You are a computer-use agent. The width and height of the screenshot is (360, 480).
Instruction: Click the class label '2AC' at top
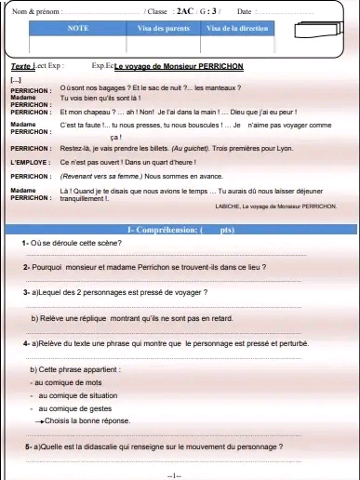coord(185,10)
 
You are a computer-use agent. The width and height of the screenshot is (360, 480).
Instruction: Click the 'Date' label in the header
coord(245,10)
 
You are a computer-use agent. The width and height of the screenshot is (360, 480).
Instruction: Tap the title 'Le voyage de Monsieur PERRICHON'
coord(171,68)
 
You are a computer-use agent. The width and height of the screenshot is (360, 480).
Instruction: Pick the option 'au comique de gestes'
coord(73,408)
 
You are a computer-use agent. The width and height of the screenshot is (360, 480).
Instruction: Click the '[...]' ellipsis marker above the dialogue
coord(16,80)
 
